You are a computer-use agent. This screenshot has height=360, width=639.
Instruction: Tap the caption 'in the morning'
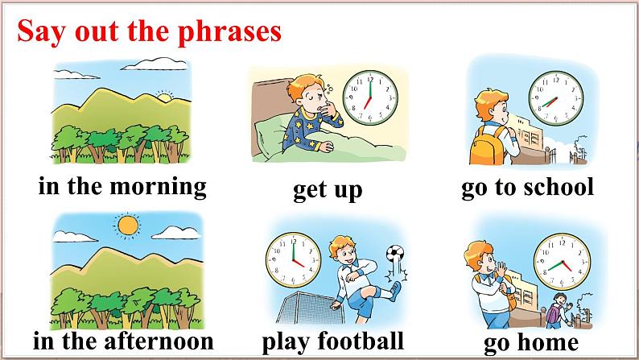point(122,187)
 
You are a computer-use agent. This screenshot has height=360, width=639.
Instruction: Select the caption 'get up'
point(327,190)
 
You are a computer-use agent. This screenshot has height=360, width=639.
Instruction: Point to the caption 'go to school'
point(527,187)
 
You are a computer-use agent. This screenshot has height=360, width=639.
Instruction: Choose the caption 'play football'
point(332,341)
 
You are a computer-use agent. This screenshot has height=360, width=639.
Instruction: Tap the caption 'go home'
point(531,344)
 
